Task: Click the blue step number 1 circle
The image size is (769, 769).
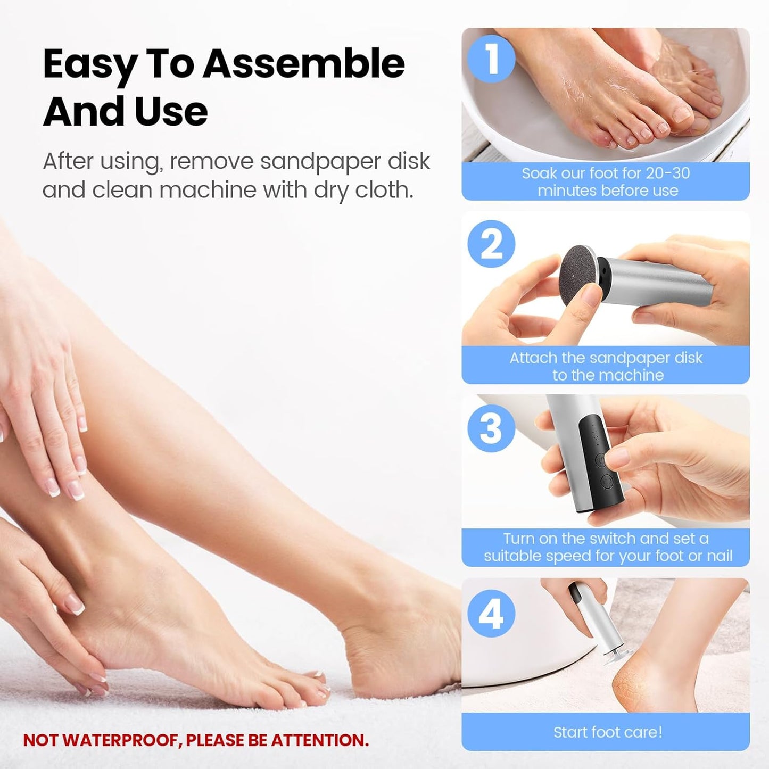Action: coord(491,59)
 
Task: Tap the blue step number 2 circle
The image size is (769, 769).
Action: coord(491,244)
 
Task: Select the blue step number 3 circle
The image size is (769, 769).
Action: coord(491,428)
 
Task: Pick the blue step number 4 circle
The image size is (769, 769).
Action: coord(491,614)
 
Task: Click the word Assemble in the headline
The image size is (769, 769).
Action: coord(304,64)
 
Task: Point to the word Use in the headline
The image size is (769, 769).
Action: coord(171,112)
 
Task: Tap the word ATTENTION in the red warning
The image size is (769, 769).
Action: coord(319,740)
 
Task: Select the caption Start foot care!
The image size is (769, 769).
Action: coord(608,732)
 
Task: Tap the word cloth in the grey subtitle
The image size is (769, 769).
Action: coord(384,190)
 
